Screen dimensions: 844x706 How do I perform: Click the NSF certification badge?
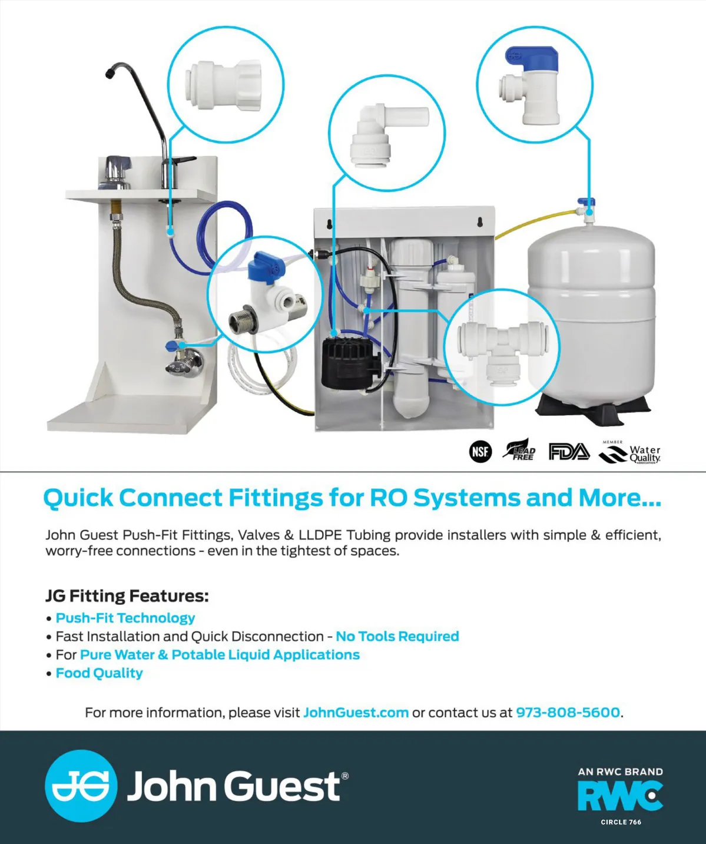tap(480, 452)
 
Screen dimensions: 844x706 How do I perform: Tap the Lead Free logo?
tap(519, 451)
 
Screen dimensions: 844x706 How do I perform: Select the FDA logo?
tap(568, 452)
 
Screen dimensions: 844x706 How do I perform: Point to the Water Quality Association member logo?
tap(630, 452)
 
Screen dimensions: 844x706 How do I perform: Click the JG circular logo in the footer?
tap(81, 786)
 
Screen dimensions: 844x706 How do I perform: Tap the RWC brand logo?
tap(620, 796)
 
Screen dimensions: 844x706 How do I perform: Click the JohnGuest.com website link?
tap(356, 713)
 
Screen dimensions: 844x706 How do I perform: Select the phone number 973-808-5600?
tap(568, 713)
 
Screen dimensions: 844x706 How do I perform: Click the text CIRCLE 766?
tap(621, 822)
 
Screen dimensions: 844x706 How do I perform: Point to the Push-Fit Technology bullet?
tap(125, 618)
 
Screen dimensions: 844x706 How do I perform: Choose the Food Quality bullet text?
tap(99, 673)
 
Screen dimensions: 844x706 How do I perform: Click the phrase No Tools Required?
tap(397, 637)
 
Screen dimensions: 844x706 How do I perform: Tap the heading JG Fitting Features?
tap(127, 596)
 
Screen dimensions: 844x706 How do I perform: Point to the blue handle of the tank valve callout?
tap(529, 57)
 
